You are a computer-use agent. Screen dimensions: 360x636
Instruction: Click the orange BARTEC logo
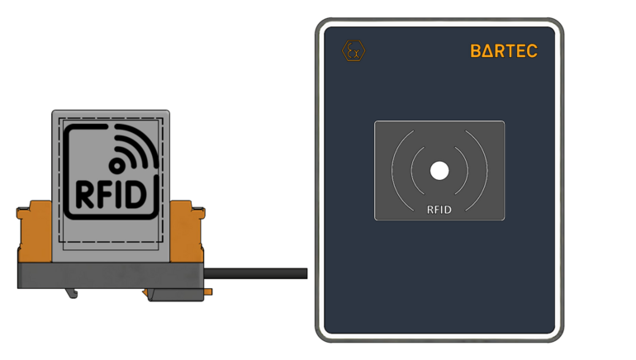pos(504,51)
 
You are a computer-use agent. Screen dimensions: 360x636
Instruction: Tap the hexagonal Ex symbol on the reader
pos(354,51)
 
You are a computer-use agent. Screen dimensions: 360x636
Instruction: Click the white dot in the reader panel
pos(439,171)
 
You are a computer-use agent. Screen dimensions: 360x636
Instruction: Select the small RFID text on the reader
pos(439,210)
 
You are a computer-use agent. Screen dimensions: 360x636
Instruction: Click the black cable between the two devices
pos(256,273)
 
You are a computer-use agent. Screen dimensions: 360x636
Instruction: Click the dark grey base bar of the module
pos(107,276)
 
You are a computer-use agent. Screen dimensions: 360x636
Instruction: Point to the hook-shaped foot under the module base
pos(73,292)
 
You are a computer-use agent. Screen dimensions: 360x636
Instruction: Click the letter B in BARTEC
pos(477,51)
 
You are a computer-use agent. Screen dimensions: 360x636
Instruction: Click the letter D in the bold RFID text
pos(144,193)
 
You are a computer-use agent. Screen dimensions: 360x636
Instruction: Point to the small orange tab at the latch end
pos(208,291)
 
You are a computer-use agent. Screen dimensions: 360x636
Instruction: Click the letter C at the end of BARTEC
pos(531,51)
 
